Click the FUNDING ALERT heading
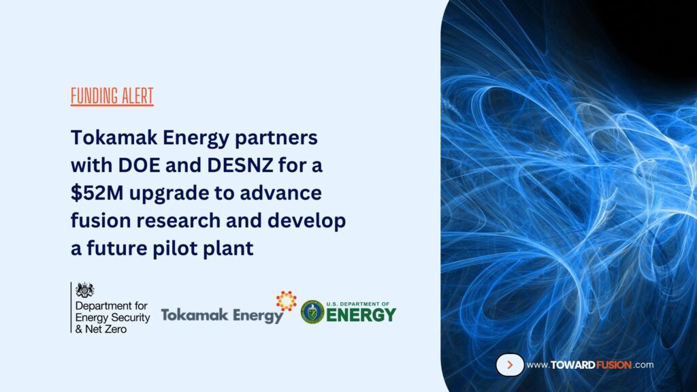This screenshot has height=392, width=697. [x=112, y=96]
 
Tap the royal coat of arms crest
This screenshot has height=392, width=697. [x=84, y=290]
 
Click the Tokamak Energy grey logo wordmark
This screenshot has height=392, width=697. [x=222, y=316]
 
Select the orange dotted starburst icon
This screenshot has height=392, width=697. [x=286, y=300]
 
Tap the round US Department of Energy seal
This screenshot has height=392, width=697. [x=313, y=312]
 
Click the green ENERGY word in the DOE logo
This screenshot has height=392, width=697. [x=361, y=315]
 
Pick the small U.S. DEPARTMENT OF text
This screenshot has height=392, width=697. [x=361, y=303]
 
